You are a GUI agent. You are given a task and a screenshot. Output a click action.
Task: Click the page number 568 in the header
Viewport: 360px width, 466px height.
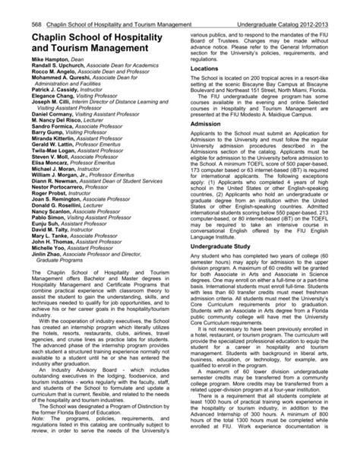pos(14,7)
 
